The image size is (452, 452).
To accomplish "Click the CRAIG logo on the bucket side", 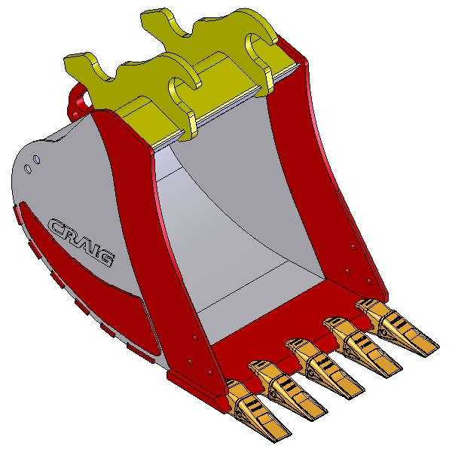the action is pyautogui.click(x=81, y=242).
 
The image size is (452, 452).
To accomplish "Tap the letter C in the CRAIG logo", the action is pyautogui.click(x=57, y=227).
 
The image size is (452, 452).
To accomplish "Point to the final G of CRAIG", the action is pyautogui.click(x=106, y=258).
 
